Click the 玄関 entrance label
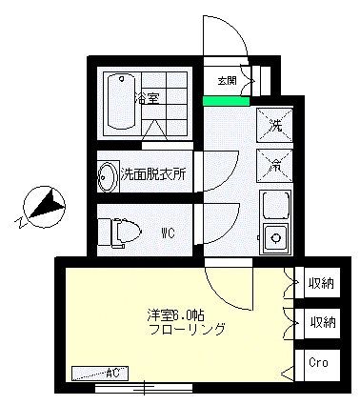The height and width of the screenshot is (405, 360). coord(228,81)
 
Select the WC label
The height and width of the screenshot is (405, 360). coord(167,232)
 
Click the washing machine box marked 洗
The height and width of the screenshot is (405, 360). coord(274,125)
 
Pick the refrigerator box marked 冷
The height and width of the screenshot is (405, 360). coord(274,163)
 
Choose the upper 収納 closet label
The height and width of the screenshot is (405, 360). coord(322,283)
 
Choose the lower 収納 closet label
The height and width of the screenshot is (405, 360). coord(322,323)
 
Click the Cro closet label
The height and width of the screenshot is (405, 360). coord(321,364)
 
